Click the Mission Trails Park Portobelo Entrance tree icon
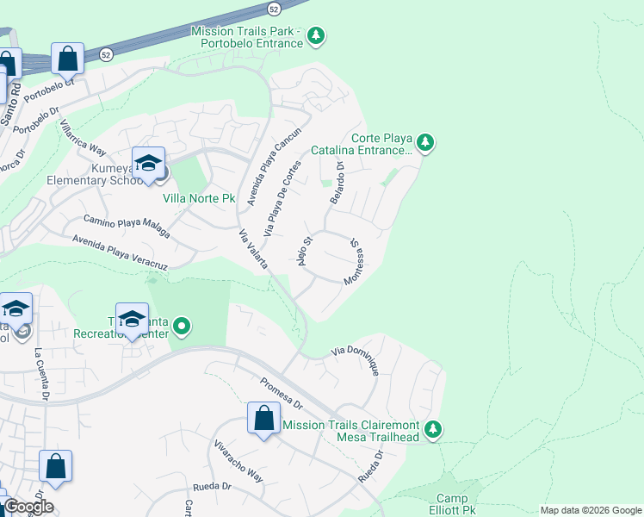coord(318,35)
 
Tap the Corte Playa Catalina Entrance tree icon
coord(424,142)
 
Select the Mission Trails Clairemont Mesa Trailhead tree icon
coord(434,428)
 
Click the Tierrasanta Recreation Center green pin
coord(182,327)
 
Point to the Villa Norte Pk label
coord(199,198)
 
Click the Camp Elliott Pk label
coord(451,504)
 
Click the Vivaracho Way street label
coord(238,461)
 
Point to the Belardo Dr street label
coord(336,183)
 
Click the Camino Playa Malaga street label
coord(127,226)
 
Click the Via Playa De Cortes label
coord(283,199)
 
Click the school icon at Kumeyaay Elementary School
coord(148,163)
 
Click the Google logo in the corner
coord(28,507)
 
